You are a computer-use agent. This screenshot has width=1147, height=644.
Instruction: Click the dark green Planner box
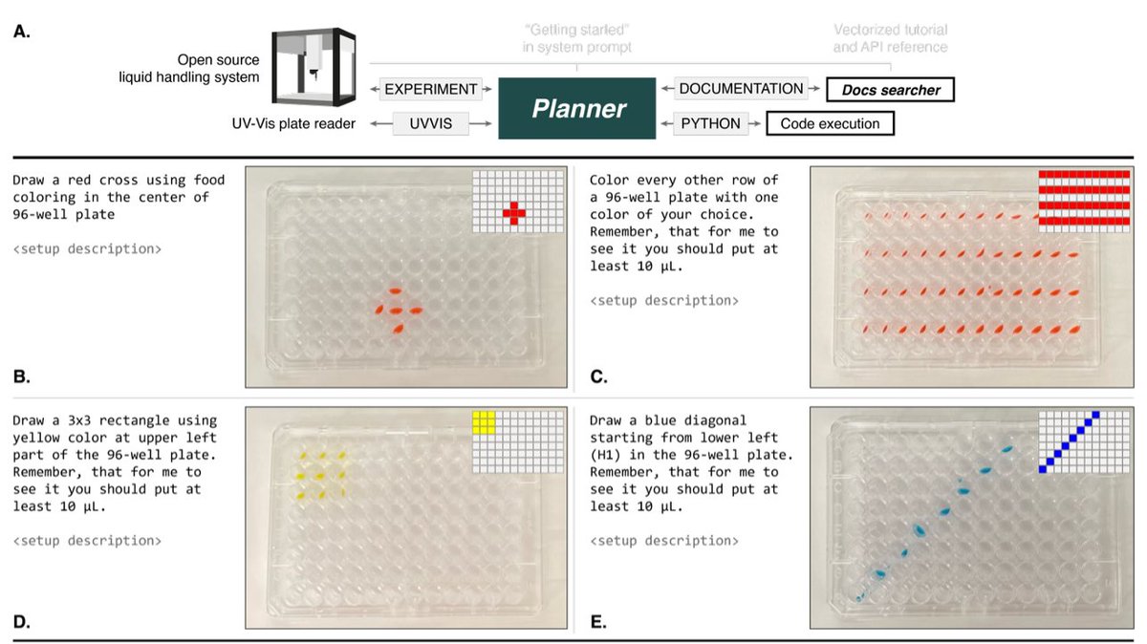[x=577, y=108]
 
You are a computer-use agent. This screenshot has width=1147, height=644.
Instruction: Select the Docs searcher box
[x=891, y=90]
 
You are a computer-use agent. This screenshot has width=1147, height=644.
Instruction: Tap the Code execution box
[x=830, y=123]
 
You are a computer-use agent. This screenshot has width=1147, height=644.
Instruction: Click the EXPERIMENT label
[x=431, y=89]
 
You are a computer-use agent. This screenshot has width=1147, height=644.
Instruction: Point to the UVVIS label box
[x=431, y=123]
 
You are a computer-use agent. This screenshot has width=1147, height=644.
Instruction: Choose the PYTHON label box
[x=710, y=123]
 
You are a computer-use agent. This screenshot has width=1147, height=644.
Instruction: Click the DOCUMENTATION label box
[x=741, y=89]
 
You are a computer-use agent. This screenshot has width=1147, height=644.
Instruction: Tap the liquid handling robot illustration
[x=314, y=67]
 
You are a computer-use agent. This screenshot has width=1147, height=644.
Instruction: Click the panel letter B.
[x=21, y=376]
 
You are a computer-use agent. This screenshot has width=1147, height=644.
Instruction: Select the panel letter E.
[x=598, y=621]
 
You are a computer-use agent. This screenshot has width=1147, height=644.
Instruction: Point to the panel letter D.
[x=21, y=621]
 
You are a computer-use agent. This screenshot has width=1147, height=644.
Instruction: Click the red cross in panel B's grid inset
[x=514, y=213]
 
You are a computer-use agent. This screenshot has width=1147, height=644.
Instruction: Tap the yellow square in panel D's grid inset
[x=484, y=422]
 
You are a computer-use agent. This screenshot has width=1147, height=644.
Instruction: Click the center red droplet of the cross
[x=395, y=311]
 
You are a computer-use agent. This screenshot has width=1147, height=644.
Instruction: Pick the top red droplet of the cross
[x=395, y=290]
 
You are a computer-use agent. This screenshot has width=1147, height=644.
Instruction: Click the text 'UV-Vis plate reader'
[x=293, y=124]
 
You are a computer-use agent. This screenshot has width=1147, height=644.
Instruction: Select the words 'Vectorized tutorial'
[x=891, y=30]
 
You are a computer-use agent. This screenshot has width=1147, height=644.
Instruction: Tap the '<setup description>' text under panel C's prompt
[x=664, y=300]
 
